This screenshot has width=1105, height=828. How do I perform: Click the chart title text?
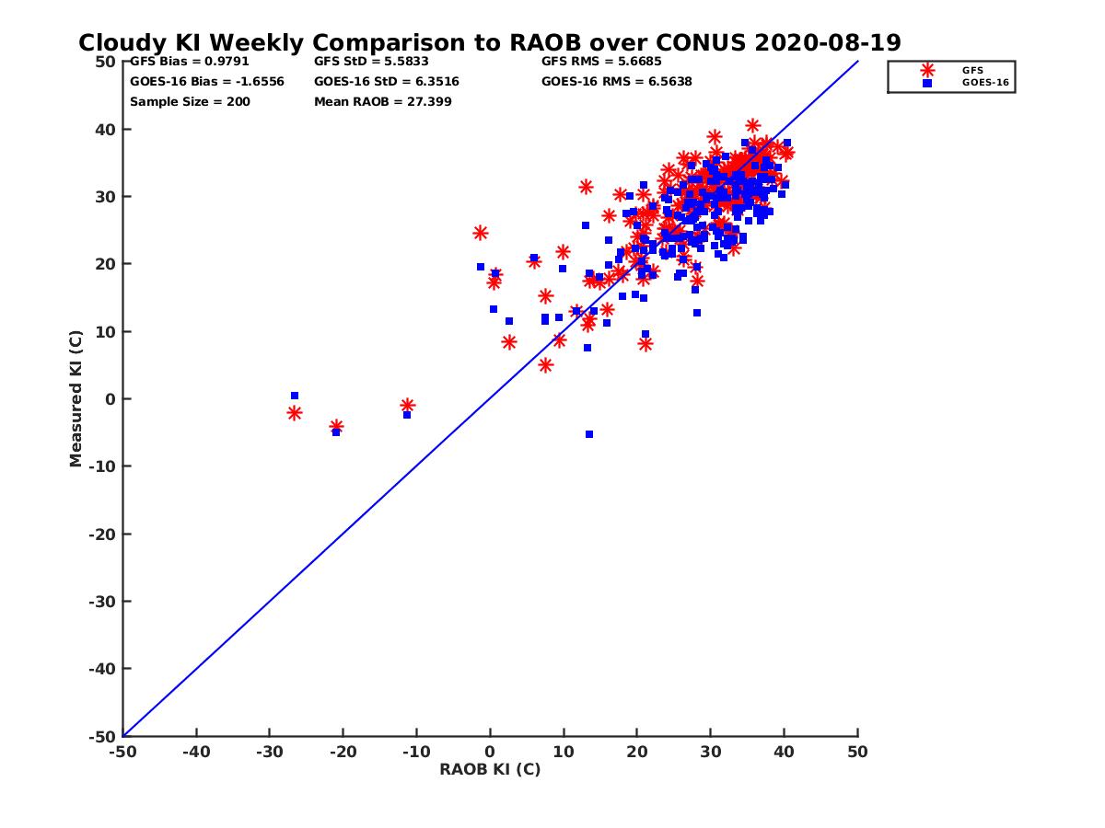tap(490, 42)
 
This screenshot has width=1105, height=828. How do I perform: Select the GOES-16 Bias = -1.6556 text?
tap(207, 81)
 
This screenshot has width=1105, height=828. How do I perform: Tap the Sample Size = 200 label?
tap(190, 101)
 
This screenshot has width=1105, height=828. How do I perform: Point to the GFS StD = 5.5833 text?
tap(371, 62)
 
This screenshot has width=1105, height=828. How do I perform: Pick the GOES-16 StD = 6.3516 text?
tap(387, 81)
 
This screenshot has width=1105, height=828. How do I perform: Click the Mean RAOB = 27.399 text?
tap(383, 101)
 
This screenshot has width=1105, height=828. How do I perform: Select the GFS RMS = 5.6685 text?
tap(601, 62)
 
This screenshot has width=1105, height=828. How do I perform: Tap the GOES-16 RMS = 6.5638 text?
tap(617, 81)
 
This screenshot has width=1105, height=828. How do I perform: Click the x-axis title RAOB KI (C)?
tap(490, 769)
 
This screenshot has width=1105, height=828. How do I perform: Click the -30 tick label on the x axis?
tap(269, 752)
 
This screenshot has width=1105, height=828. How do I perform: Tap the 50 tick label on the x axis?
tap(857, 752)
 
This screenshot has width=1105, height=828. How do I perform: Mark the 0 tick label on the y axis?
tap(110, 398)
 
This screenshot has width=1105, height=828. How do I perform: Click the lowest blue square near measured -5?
tap(589, 434)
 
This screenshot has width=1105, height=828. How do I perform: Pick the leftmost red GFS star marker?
tap(295, 413)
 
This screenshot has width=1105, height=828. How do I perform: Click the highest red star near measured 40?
tap(753, 126)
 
